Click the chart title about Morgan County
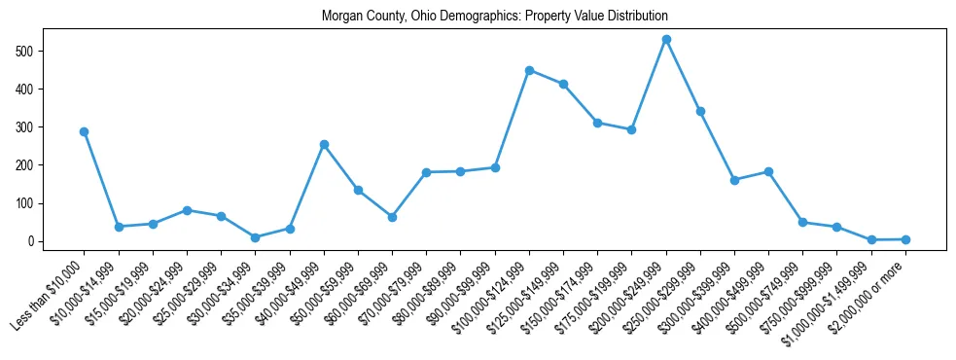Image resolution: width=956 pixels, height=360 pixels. tap(496, 17)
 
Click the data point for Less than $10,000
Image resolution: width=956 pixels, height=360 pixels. tap(85, 131)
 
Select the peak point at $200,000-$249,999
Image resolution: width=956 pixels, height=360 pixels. tap(666, 40)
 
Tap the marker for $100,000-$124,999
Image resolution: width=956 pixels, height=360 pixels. tap(529, 70)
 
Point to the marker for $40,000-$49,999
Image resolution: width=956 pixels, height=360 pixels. tap(324, 144)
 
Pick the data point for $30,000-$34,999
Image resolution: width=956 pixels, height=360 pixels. tap(255, 237)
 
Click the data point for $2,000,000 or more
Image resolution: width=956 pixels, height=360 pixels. tap(905, 239)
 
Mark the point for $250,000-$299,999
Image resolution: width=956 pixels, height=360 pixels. tap(700, 111)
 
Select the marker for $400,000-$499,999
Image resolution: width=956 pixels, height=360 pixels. tap(768, 171)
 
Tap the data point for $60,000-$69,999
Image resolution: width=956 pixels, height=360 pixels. tap(392, 217)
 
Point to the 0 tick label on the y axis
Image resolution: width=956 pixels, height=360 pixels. tap(33, 241)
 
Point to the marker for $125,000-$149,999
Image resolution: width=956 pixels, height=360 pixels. tap(563, 84)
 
